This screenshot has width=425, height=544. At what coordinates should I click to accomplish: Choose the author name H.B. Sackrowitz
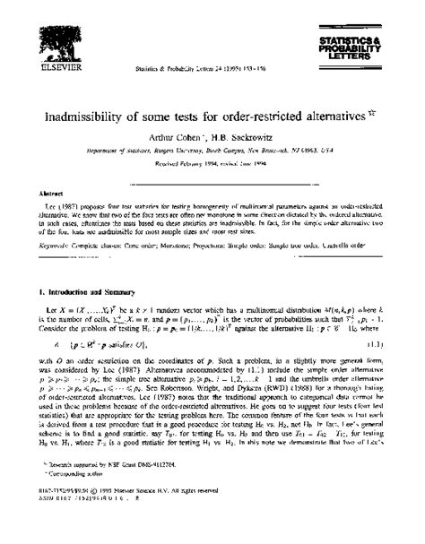tap(247, 139)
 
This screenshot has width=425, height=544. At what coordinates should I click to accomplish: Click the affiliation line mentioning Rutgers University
tap(212, 153)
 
